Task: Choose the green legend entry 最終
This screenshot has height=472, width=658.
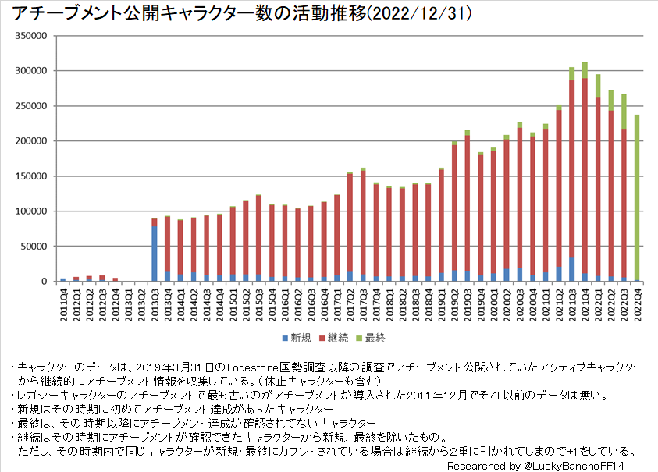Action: pyautogui.click(x=371, y=338)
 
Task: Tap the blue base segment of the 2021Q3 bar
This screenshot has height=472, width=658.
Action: pyautogui.click(x=572, y=269)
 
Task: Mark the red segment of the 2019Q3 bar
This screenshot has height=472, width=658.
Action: pyautogui.click(x=468, y=203)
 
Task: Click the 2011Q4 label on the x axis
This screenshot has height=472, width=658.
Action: pyautogui.click(x=63, y=301)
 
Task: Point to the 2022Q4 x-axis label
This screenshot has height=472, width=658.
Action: pyautogui.click(x=637, y=301)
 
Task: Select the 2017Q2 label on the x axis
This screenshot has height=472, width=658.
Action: pyautogui.click(x=350, y=301)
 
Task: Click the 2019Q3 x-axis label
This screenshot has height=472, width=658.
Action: pyautogui.click(x=468, y=301)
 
